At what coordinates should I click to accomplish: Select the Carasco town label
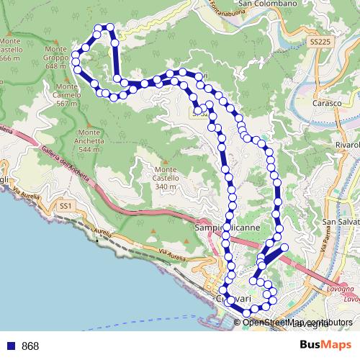(327, 103)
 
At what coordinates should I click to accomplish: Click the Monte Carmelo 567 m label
(66, 94)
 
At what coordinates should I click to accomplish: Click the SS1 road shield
(66, 207)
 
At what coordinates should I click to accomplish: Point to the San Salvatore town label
(341, 221)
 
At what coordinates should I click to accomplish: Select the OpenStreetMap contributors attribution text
(297, 322)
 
